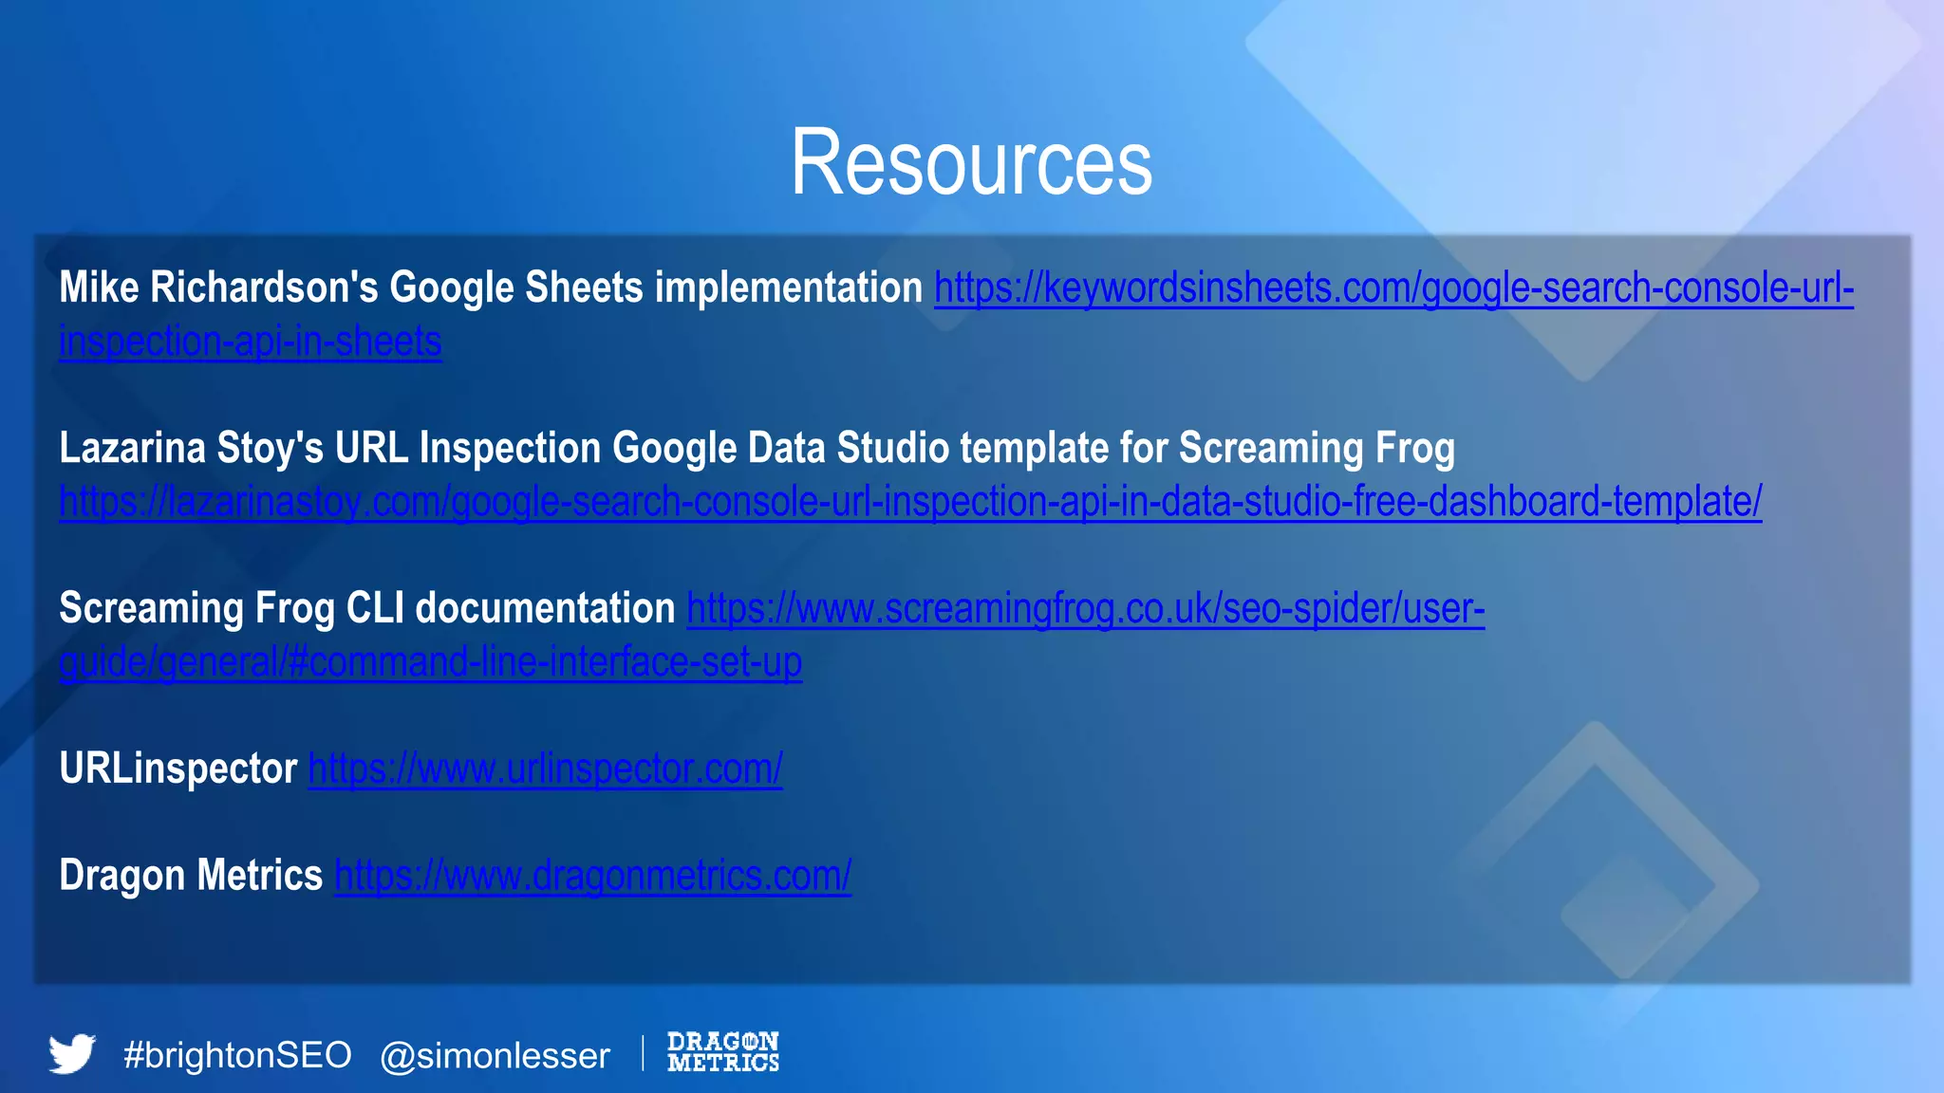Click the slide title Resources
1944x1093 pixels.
click(x=971, y=163)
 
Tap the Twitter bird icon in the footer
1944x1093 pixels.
click(x=72, y=1053)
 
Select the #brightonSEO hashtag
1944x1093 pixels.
click(x=237, y=1055)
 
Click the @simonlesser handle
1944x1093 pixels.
click(x=495, y=1056)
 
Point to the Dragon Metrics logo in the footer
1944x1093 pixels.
click(x=722, y=1052)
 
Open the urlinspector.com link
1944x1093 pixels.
click(x=545, y=769)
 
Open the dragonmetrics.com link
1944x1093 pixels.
click(x=592, y=876)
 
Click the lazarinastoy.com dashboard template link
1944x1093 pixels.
click(x=909, y=501)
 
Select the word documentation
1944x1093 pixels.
click(x=545, y=608)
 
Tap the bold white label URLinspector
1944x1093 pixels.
click(x=178, y=769)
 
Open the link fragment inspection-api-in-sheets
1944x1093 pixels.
click(x=250, y=342)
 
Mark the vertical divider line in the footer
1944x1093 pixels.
click(x=643, y=1053)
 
